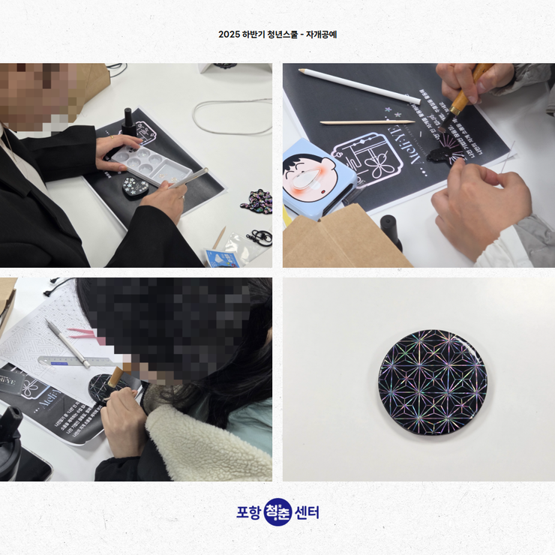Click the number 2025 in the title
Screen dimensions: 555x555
coord(229,34)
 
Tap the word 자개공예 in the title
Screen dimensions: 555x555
coord(321,34)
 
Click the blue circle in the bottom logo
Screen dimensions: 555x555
coord(277,512)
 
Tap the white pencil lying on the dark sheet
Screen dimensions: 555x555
coord(359,85)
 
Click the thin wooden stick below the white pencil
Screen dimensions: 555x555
coord(367,121)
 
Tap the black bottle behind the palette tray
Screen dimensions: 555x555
coord(130,122)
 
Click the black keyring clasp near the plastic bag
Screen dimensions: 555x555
coord(259,239)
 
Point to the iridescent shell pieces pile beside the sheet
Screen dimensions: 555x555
coord(256,201)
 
